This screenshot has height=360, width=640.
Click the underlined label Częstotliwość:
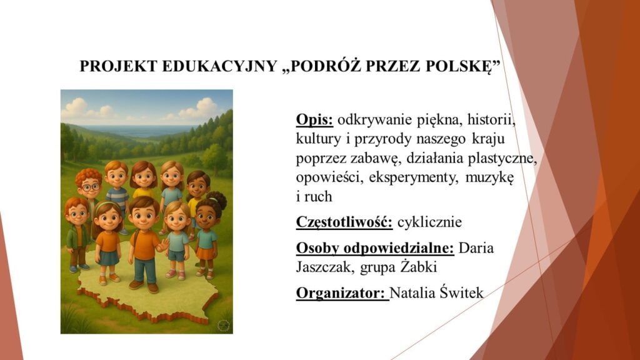point(344,222)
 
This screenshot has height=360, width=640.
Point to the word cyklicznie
point(429,222)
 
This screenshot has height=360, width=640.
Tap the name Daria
point(476,247)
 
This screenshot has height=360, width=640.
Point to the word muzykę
point(489,178)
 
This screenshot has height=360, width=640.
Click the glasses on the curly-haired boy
point(91,187)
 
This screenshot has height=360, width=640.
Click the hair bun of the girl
point(219,199)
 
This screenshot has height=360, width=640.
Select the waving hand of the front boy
point(164,245)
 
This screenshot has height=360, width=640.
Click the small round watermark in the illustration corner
point(223,325)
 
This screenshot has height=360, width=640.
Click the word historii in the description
point(491,120)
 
